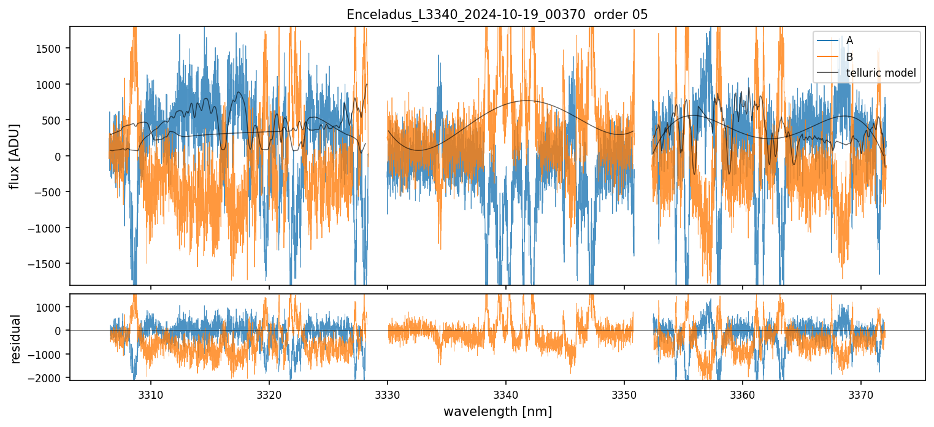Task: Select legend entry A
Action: [x=849, y=40]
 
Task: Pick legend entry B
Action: [x=849, y=57]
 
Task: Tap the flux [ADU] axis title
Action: [x=13, y=156]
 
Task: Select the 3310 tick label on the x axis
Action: [x=151, y=393]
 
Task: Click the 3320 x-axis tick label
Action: [x=269, y=393]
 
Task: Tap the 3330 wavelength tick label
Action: [x=388, y=393]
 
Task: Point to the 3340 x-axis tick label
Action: [x=506, y=393]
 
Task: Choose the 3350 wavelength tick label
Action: [x=624, y=393]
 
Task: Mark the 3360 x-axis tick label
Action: [x=743, y=393]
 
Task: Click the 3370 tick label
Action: [x=861, y=393]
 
